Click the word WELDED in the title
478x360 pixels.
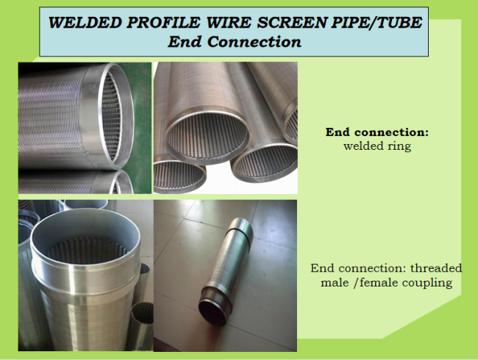[x=85, y=23]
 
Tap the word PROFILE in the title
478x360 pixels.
[x=163, y=23]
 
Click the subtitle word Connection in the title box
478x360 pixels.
[x=254, y=42]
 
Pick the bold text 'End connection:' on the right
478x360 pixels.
[x=377, y=132]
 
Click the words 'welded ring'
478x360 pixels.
[x=377, y=146]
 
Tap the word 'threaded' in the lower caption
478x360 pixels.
[x=436, y=268]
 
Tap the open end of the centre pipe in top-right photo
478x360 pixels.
[x=207, y=137]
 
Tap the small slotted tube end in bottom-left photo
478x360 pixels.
[x=143, y=314]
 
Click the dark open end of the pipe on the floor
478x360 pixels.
[x=214, y=313]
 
